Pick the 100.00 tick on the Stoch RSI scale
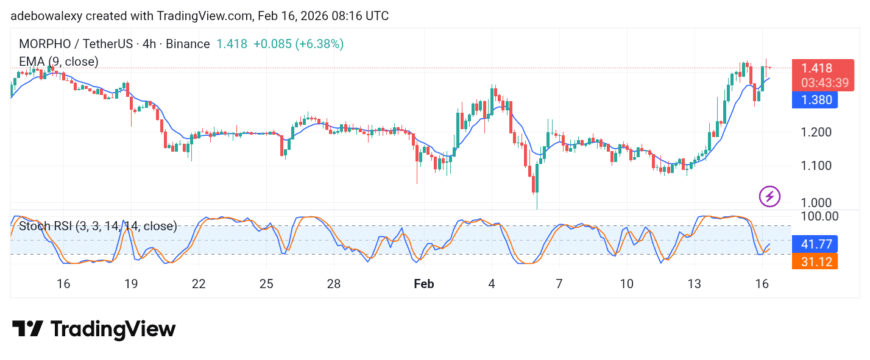coord(818,216)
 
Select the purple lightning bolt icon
coord(769,196)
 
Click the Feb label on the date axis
coord(423,284)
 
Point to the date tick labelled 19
coord(131,284)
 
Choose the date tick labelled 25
coord(266,284)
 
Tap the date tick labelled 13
coord(694,284)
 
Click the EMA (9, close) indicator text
coord(58,62)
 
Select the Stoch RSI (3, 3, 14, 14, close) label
coord(98,227)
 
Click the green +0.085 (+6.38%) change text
coord(299,44)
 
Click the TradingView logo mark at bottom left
coord(27,330)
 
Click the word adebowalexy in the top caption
coord(43,16)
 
